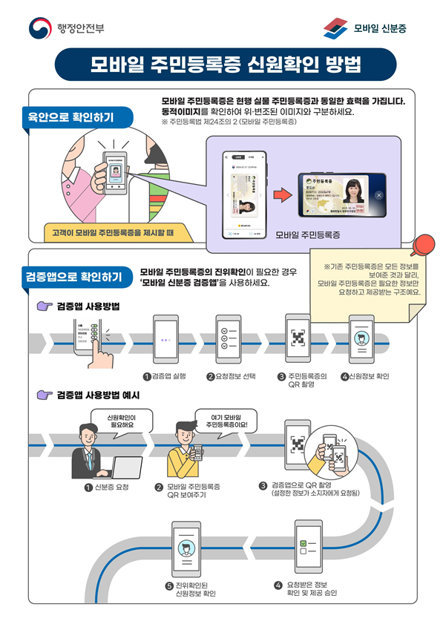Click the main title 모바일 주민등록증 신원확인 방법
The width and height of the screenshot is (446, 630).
223,64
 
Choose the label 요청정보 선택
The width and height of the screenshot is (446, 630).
232,376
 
